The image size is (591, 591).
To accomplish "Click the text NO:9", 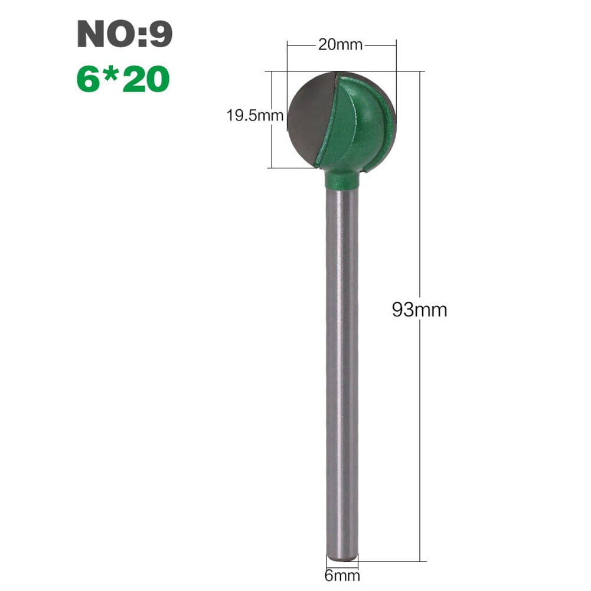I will (x=125, y=34).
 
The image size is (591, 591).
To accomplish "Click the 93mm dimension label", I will (x=419, y=309).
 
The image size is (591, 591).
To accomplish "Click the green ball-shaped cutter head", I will (x=354, y=127).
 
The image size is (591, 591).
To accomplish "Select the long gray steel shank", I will (x=342, y=366).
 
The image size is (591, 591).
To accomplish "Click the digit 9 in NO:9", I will (x=161, y=34).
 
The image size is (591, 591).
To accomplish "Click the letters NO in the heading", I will (x=100, y=34).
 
